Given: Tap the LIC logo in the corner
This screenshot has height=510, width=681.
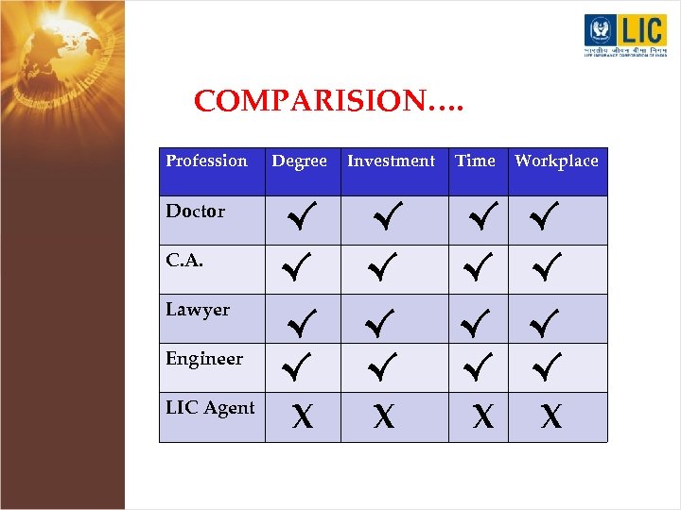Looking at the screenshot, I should click(625, 36).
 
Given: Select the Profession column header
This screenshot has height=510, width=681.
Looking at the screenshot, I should click(206, 161).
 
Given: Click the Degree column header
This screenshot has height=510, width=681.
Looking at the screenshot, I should click(299, 161).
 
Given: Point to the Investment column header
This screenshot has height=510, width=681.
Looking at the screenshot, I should click(391, 161).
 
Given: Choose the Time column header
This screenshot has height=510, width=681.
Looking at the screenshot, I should click(475, 161).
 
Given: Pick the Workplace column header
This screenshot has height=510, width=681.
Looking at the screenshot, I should click(556, 161).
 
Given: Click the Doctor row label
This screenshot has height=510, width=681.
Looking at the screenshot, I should click(195, 211).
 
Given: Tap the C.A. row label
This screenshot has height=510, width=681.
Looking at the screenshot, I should click(183, 261).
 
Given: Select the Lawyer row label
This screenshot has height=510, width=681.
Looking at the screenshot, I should click(198, 310).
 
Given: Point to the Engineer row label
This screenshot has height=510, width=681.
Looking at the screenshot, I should click(204, 359).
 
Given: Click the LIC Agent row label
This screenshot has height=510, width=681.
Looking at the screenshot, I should click(210, 408).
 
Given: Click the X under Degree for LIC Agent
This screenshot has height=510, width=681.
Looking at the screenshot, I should click(302, 416).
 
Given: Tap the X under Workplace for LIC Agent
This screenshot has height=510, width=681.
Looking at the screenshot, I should click(550, 416).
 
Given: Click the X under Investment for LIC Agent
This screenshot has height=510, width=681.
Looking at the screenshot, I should click(383, 416).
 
